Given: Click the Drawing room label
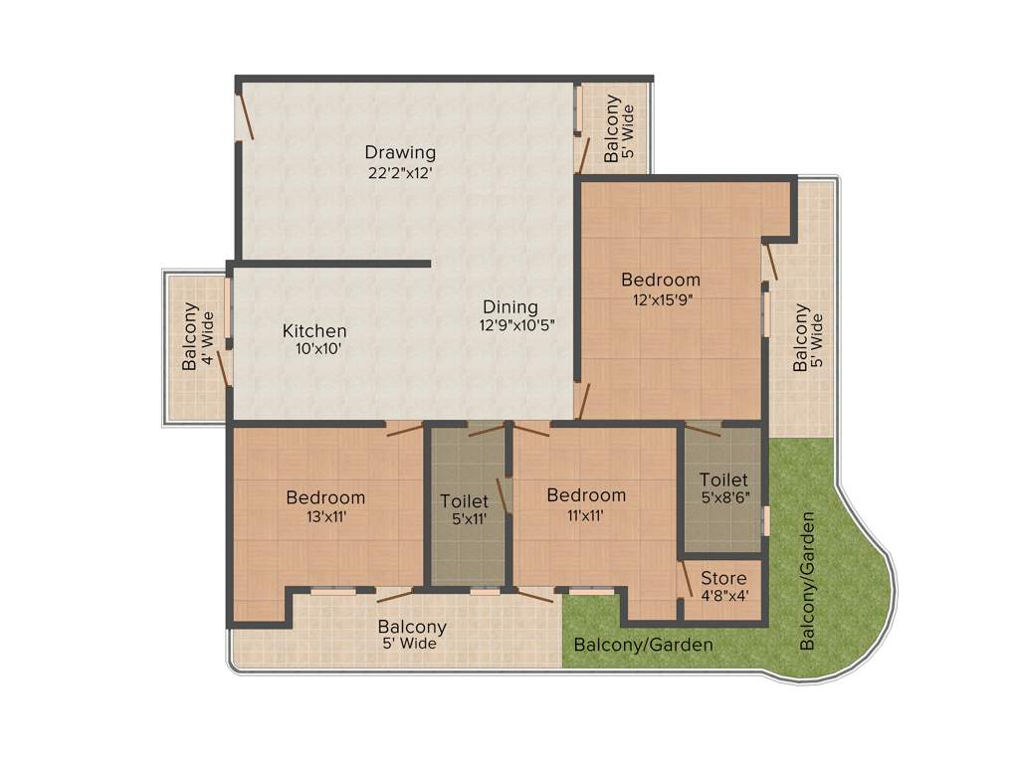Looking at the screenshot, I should tap(400, 152).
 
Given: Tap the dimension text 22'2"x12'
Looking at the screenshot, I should tap(400, 171).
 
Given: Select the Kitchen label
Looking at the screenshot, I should tap(314, 330).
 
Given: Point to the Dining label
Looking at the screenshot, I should tap(510, 306).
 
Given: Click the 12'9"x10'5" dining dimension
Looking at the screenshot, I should tap(516, 324).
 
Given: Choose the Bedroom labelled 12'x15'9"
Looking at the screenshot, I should tap(661, 280).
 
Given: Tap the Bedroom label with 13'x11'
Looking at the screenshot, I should tap(325, 497).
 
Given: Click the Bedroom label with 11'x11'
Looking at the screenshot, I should tap(586, 495).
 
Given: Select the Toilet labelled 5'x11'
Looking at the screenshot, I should tap(465, 501).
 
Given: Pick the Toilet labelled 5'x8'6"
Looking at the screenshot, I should tap(722, 479).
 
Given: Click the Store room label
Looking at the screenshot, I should tap(723, 578).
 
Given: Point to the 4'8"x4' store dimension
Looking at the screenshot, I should tap(723, 596).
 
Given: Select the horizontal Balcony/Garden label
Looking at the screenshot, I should tap(644, 646).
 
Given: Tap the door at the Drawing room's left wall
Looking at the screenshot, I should tap(245, 115).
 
